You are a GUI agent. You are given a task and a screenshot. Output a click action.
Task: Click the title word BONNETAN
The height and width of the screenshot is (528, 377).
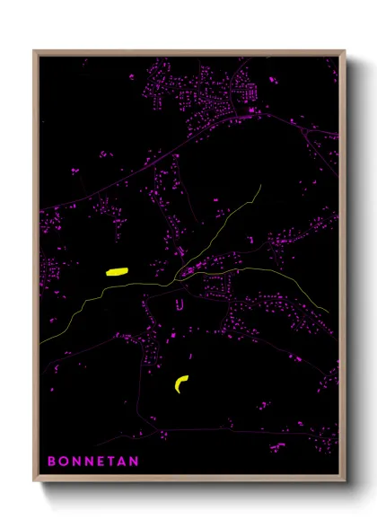click(x=92, y=462)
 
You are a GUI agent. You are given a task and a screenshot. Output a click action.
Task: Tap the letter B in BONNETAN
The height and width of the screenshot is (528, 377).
click(x=51, y=462)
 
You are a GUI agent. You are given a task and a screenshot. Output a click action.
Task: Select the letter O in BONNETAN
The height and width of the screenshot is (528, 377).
click(x=63, y=462)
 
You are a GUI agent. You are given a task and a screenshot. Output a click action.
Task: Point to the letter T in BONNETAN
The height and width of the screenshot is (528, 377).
click(x=110, y=462)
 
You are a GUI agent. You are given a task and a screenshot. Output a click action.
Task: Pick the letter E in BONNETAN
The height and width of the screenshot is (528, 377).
click(x=99, y=462)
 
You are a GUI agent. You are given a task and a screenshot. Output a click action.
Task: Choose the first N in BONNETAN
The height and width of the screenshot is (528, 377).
click(x=75, y=462)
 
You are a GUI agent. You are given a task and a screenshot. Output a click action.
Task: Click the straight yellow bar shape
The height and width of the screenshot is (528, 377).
click(x=118, y=269)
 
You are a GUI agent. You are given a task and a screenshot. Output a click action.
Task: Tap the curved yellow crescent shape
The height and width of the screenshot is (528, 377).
click(x=182, y=383)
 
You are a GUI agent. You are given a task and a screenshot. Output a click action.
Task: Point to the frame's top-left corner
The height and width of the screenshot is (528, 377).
click(x=35, y=52)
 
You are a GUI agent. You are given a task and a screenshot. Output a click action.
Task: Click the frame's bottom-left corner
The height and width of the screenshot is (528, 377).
click(x=35, y=482)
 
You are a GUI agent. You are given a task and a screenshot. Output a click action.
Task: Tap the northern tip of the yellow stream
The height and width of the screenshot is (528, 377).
click(x=260, y=186)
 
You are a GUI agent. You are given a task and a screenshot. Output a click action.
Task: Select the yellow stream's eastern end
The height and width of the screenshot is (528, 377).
click(x=328, y=312)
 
